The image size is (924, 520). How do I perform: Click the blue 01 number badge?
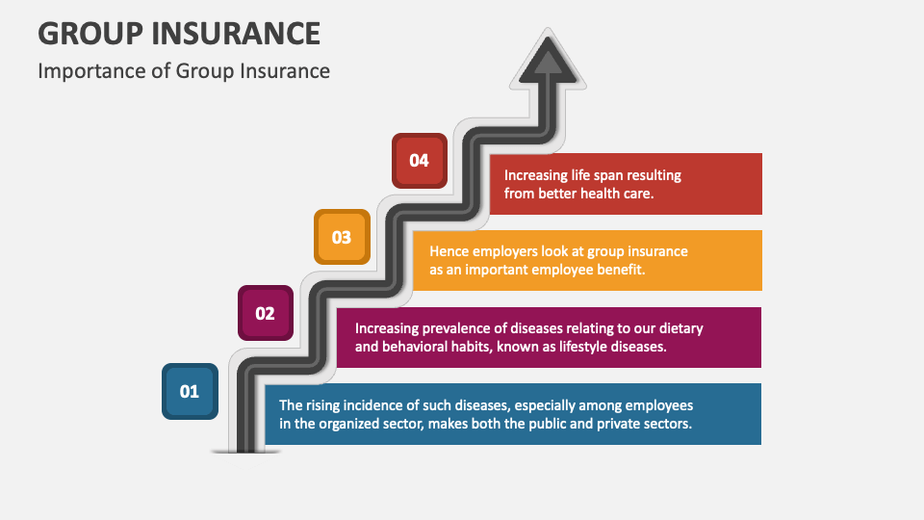pyautogui.click(x=190, y=391)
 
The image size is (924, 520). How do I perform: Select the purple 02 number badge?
pyautogui.click(x=265, y=313)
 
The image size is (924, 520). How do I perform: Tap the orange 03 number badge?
pyautogui.click(x=342, y=237)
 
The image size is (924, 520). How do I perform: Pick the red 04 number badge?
pyautogui.click(x=419, y=161)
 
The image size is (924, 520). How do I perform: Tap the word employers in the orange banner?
pyautogui.click(x=506, y=251)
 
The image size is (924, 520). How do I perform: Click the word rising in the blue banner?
pyautogui.click(x=326, y=405)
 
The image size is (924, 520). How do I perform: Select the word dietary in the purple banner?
pyautogui.click(x=679, y=328)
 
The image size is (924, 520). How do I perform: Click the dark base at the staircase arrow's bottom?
pyautogui.click(x=246, y=449)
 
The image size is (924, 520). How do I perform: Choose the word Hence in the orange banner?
pyautogui.click(x=449, y=251)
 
